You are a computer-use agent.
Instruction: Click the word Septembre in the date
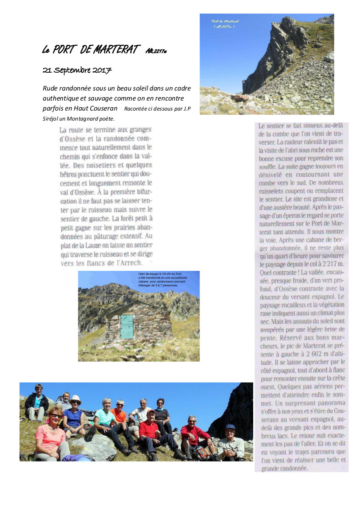point(71,71)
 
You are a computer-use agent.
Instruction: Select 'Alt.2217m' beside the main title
point(156,51)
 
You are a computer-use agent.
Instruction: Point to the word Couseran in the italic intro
point(102,108)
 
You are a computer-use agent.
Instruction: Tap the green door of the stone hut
point(127,327)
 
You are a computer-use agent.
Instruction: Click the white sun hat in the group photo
point(75,398)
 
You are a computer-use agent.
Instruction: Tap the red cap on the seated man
point(150,411)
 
